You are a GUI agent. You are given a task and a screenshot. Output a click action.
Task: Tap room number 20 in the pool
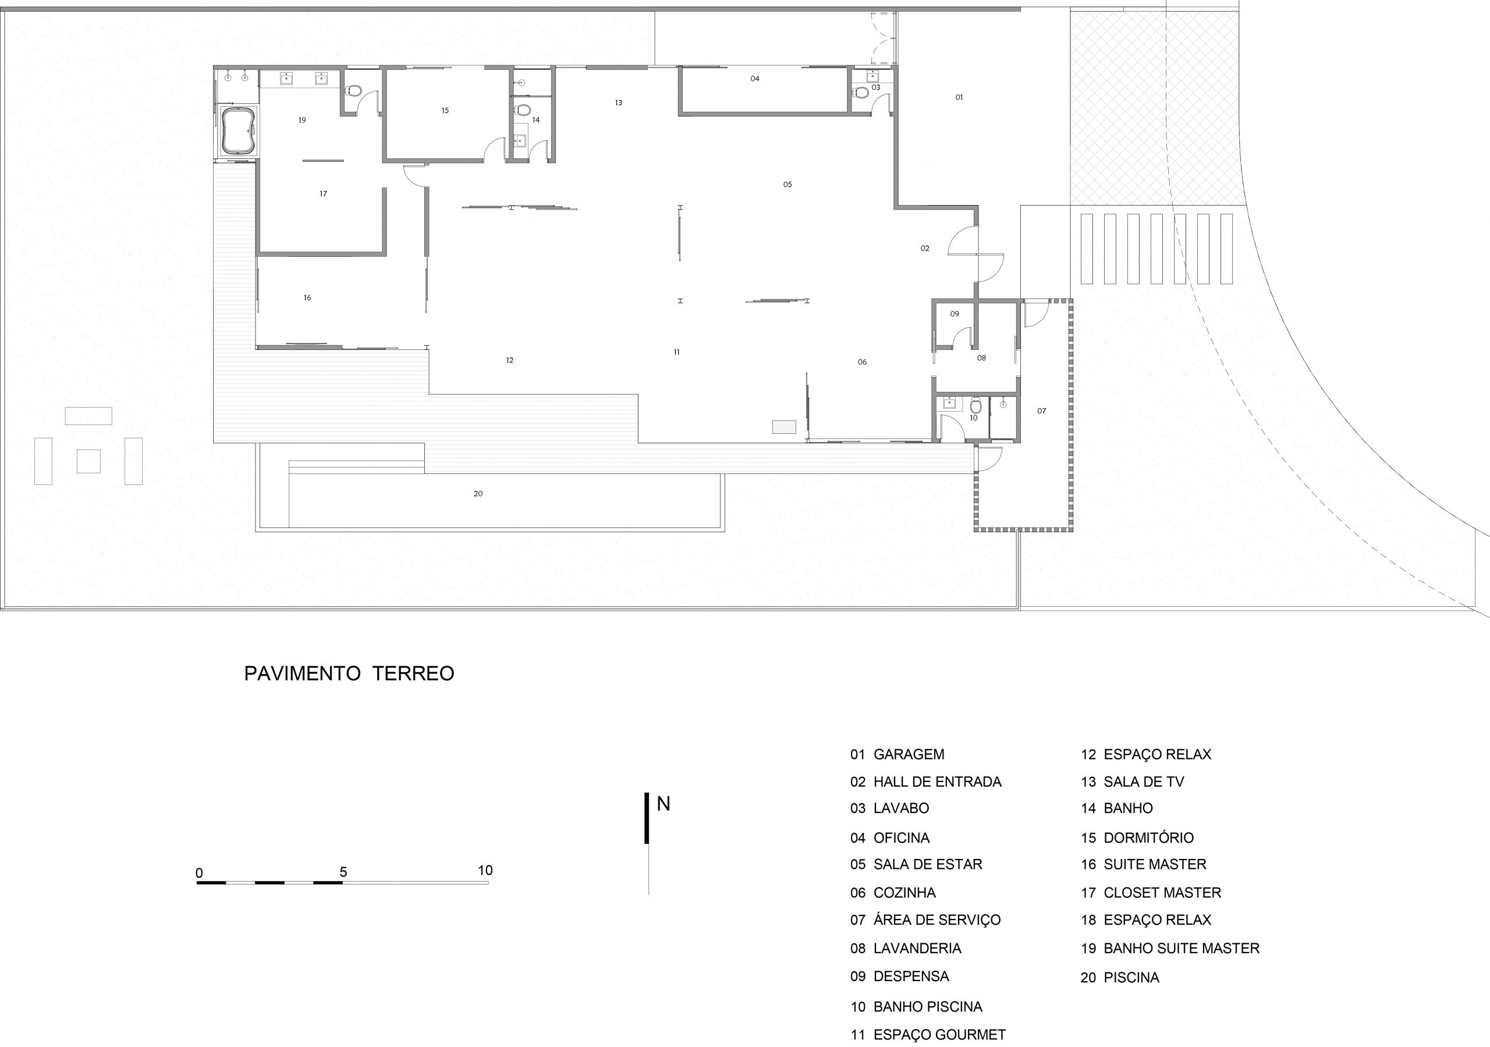tap(478, 494)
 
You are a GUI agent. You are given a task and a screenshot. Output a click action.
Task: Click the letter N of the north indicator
tap(664, 804)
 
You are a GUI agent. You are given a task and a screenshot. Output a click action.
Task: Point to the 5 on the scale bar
tap(343, 872)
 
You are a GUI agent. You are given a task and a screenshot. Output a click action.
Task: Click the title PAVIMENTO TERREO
tap(349, 673)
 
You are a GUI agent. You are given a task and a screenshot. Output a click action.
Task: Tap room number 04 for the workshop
tap(755, 79)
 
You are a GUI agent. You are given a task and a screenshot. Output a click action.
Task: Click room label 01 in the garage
tap(959, 97)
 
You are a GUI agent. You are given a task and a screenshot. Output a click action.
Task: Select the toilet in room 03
tap(861, 92)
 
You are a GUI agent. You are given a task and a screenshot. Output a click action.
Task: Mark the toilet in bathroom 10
tap(975, 406)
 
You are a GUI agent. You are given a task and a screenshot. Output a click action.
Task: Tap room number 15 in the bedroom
tap(445, 110)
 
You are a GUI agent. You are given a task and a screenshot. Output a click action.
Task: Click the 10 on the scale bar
tap(485, 871)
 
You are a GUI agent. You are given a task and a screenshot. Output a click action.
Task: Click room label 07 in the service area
tap(1042, 411)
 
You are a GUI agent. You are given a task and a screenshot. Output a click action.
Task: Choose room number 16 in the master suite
tap(307, 298)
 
